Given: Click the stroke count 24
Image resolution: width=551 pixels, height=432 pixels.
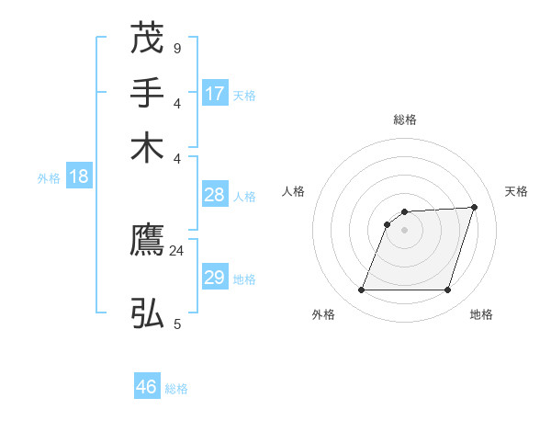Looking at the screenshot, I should point(176,250).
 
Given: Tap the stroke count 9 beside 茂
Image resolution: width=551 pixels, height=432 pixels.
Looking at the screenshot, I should point(176,48).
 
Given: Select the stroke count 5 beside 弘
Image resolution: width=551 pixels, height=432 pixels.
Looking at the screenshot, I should point(176,324).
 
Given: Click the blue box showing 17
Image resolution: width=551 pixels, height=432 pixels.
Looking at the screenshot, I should point(215,93).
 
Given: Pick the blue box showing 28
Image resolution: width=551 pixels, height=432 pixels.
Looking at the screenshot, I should point(215,195).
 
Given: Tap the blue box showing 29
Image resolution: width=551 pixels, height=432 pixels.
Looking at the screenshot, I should point(215,278).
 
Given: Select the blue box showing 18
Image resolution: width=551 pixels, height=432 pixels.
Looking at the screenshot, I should point(79,176).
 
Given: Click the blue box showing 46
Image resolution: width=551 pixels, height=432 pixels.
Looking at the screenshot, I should point(147,387).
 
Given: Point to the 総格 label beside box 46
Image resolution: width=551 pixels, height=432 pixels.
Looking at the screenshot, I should point(176,389).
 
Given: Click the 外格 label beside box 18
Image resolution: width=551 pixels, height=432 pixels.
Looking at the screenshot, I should point(49,178).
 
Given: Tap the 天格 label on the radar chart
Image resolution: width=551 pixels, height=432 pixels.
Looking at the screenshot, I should point(516,191).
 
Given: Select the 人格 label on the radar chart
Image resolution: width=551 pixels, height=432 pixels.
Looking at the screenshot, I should point(293,191).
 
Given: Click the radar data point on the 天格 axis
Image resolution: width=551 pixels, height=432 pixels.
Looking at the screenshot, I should point(475,207).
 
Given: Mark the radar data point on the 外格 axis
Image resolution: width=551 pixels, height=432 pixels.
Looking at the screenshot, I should point(362,290).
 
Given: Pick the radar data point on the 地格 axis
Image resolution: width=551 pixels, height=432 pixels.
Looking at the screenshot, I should point(447,290).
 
